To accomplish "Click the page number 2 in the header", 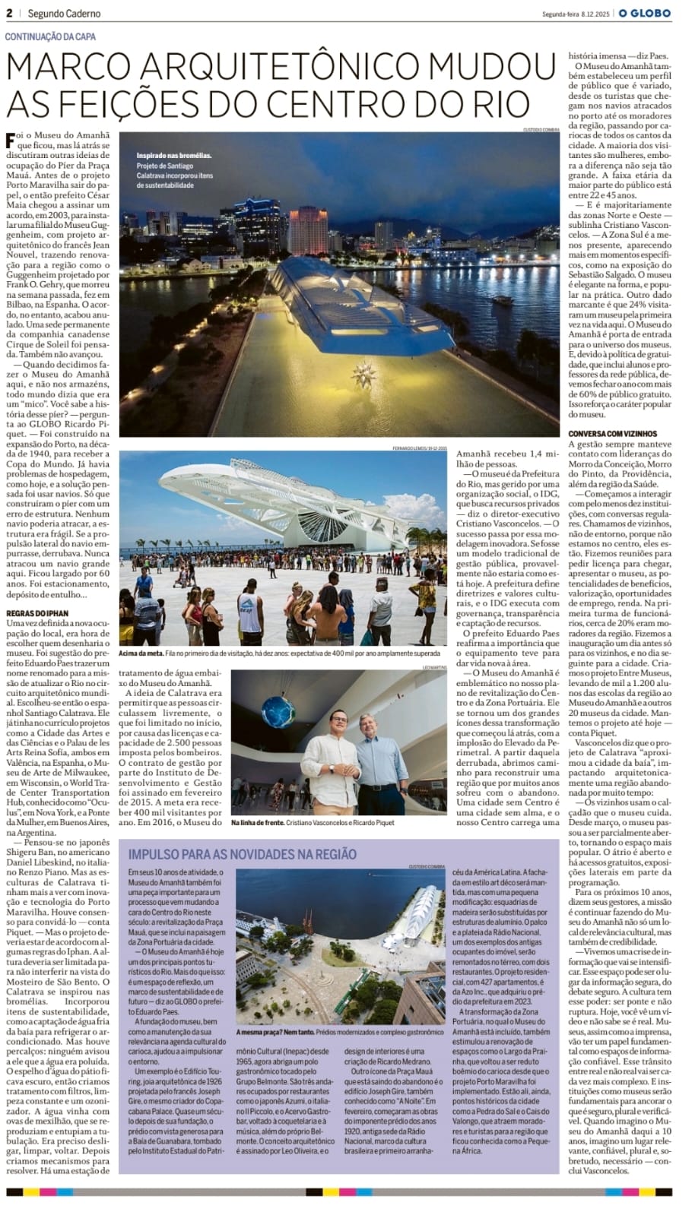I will click(9, 13).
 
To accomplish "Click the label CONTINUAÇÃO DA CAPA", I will click(51, 36).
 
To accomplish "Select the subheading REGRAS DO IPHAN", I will click(36, 612).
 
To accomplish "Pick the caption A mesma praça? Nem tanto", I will click(269, 1032).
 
